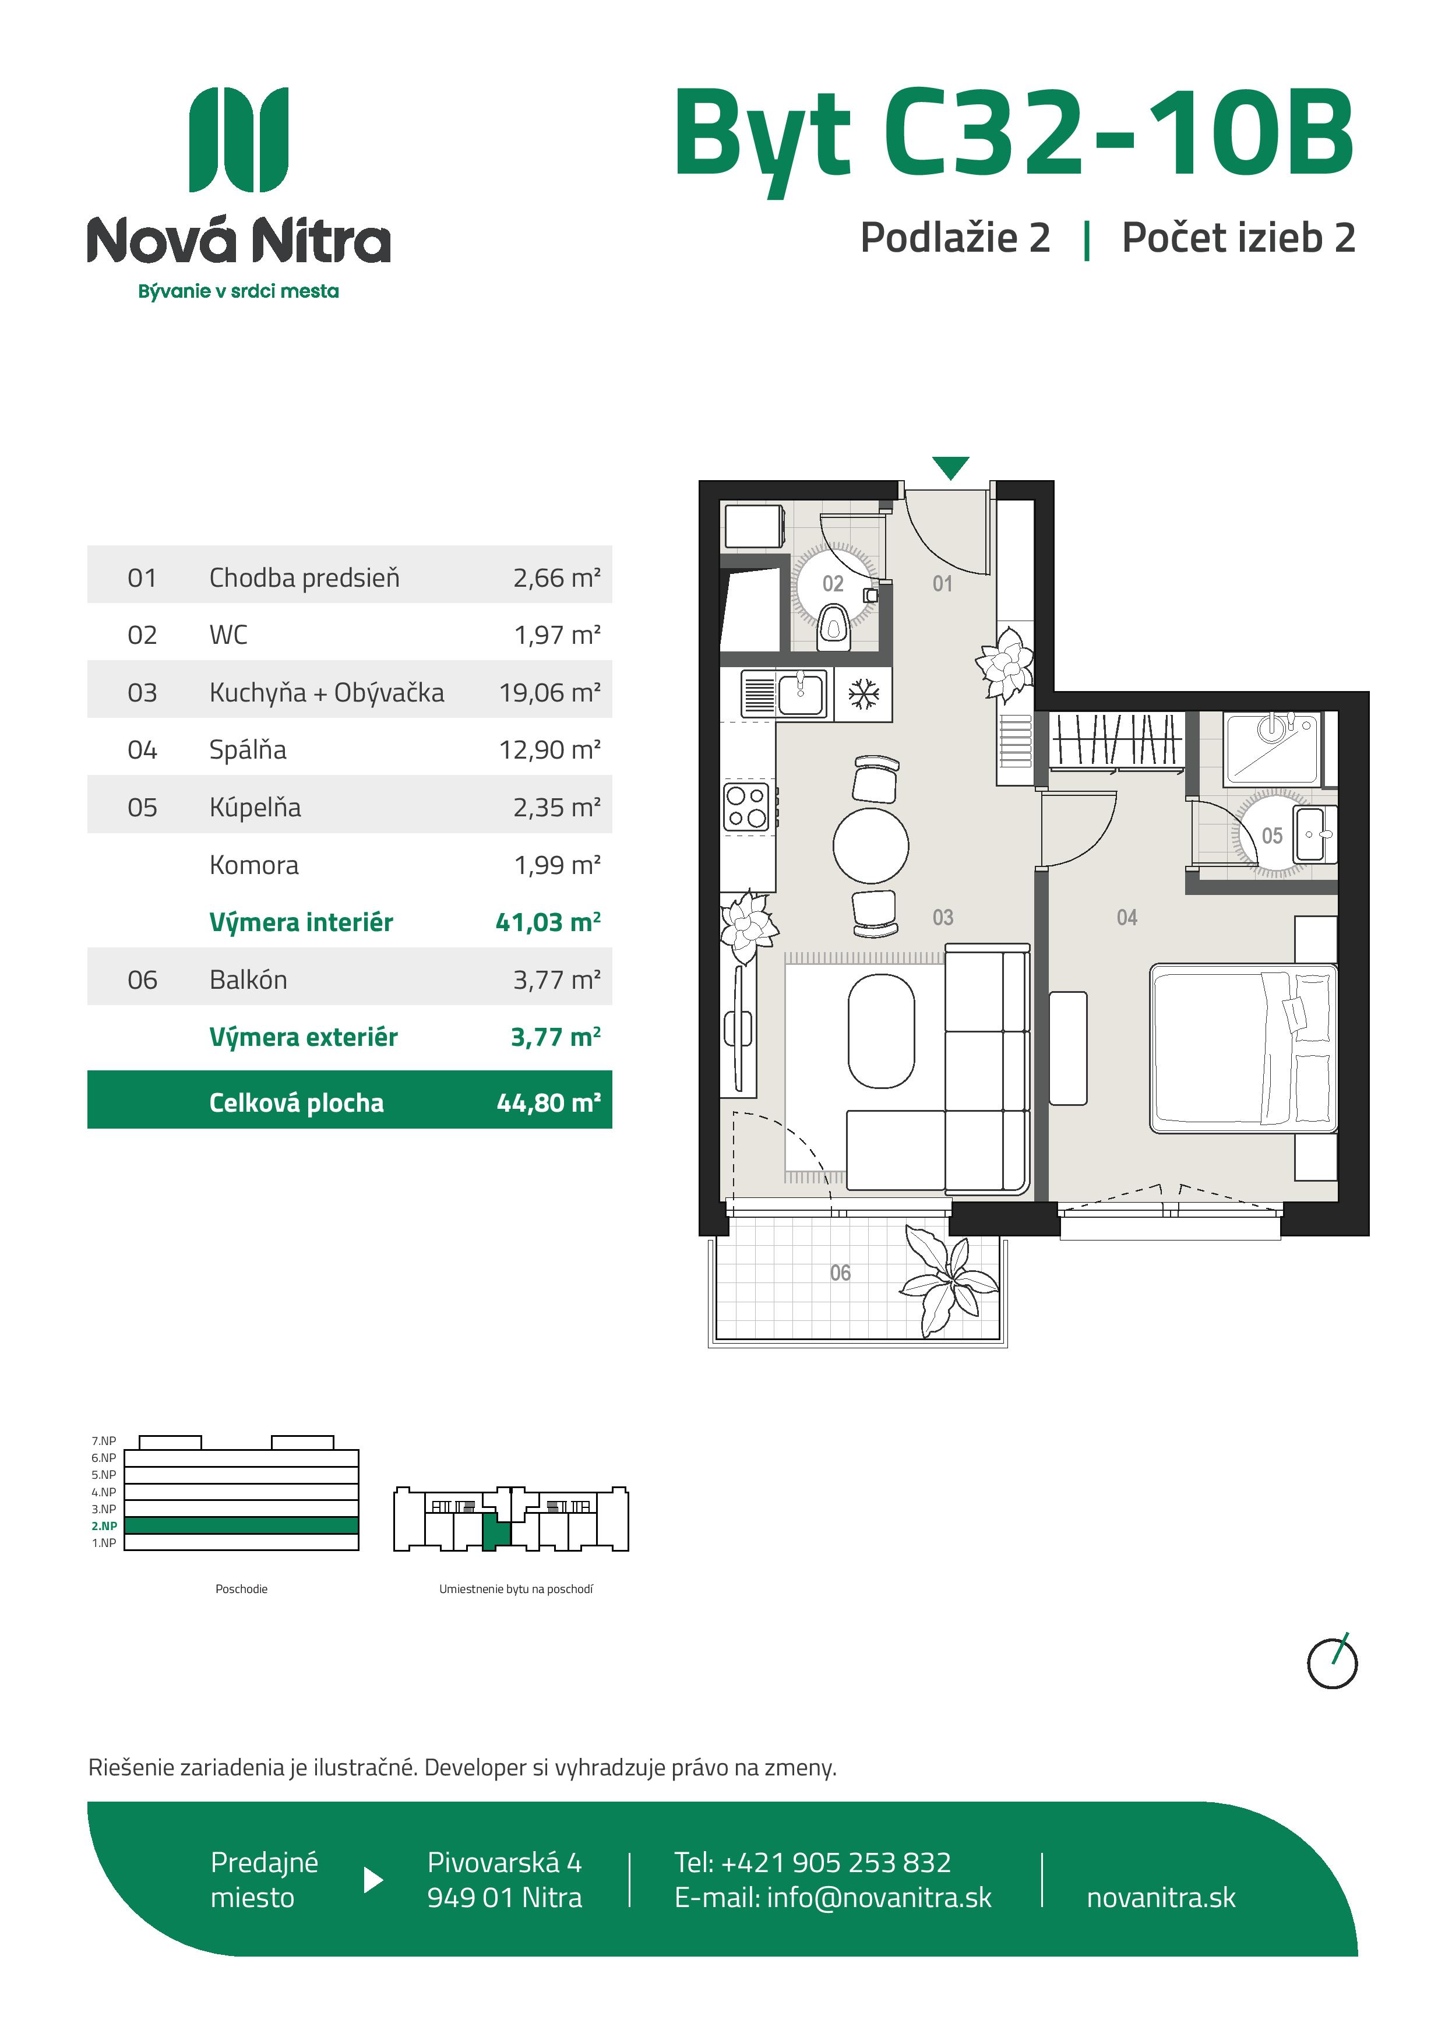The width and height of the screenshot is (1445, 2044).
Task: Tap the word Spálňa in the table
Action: coord(248,749)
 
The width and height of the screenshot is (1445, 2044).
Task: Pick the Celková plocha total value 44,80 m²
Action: coord(548,1103)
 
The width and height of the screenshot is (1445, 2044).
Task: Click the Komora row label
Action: coord(253,865)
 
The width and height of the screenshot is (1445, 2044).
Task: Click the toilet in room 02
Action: coord(833,625)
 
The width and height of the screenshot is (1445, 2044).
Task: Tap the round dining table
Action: coord(870,845)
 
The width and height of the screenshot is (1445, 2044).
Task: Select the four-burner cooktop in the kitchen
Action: coord(746,806)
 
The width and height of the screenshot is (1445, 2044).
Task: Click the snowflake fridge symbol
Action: coord(863,695)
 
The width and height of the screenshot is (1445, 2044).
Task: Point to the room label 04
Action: coord(1127,917)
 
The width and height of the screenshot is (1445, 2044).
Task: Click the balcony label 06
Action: coord(840,1273)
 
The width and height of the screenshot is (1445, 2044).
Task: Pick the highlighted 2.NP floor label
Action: coord(104,1526)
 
